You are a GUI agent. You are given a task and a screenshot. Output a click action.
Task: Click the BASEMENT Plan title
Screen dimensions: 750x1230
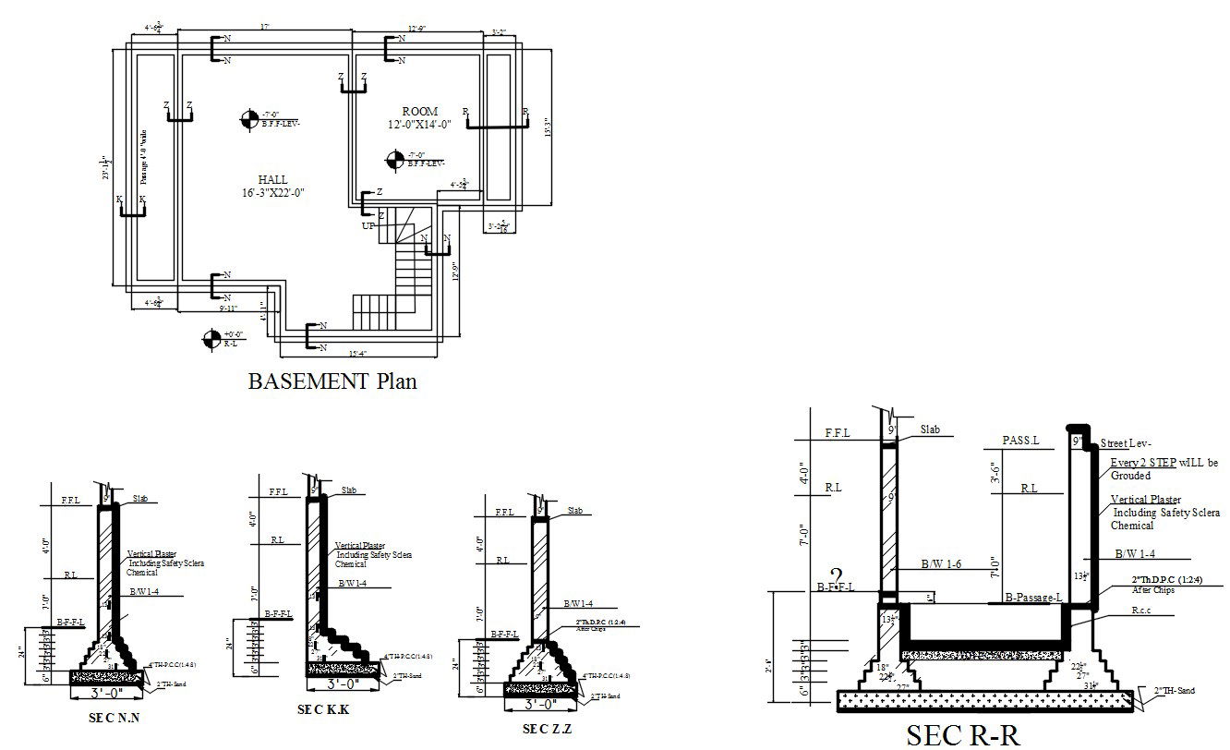tap(332, 381)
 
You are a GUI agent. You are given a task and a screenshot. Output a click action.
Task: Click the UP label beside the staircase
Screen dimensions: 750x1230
tap(369, 225)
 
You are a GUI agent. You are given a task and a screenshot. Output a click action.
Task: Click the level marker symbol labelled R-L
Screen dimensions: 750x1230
tap(211, 339)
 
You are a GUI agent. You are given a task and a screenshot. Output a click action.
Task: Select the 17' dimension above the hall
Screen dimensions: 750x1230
tap(265, 28)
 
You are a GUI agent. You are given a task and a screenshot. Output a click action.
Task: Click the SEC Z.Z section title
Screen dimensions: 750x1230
tap(548, 730)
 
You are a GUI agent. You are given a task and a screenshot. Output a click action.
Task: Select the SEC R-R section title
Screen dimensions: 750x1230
tap(963, 734)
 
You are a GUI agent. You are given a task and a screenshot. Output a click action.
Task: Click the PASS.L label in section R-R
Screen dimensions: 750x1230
tap(1020, 441)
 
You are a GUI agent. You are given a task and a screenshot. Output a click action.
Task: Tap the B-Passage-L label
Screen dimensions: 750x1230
tap(1033, 597)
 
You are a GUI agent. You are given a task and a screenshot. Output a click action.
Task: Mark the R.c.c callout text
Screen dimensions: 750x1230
tap(1144, 611)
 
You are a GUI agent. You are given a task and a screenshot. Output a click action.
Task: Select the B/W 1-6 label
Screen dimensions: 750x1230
tap(942, 562)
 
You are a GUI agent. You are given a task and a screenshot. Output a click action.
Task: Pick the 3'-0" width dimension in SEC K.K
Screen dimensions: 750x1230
tap(343, 684)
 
